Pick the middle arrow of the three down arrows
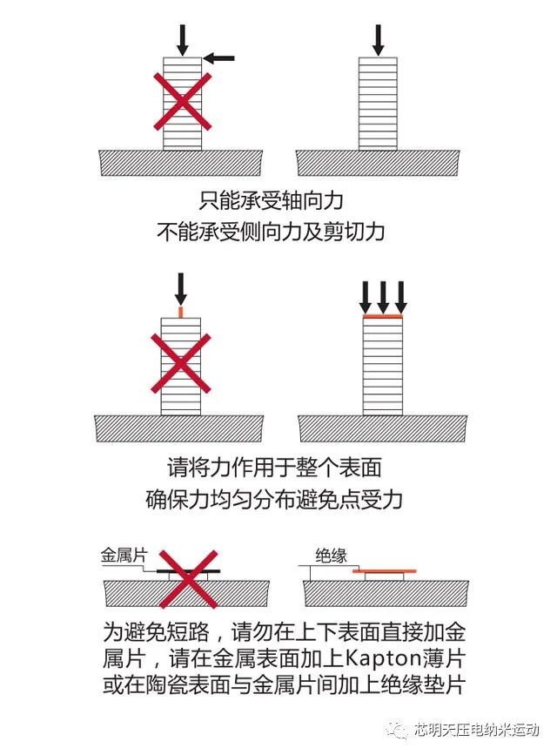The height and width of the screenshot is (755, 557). [x=383, y=297]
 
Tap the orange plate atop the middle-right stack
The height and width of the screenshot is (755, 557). [x=383, y=318]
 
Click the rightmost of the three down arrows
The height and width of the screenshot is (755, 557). [x=401, y=297]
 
